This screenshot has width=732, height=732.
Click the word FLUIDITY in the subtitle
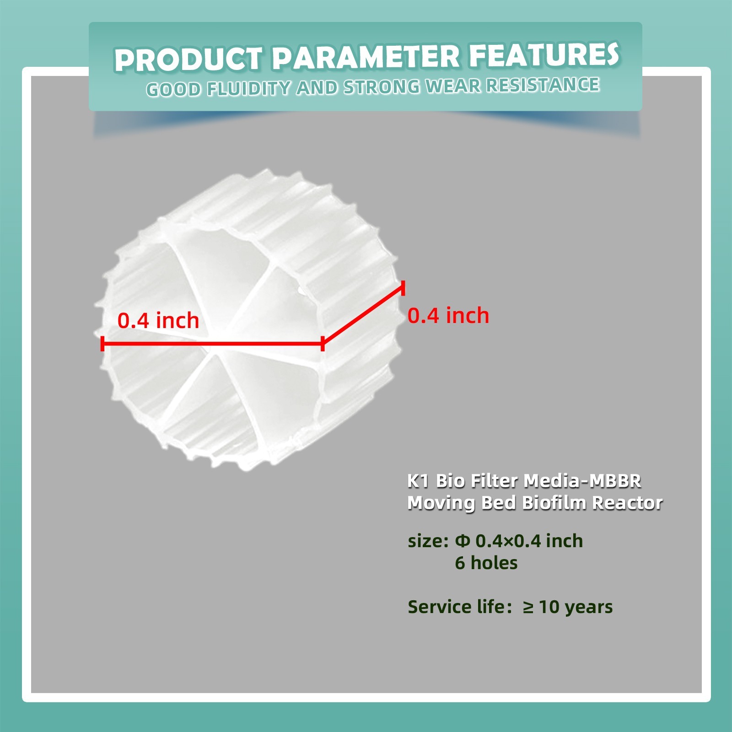248,88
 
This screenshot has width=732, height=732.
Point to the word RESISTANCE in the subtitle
543,85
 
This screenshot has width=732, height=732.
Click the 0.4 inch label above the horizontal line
158,320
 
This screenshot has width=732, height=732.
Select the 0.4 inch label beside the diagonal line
448,316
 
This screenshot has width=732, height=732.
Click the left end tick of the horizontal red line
102,343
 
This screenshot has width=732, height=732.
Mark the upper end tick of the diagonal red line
403,288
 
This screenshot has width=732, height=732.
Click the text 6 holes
486,563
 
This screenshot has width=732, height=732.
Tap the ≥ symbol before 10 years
528,607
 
